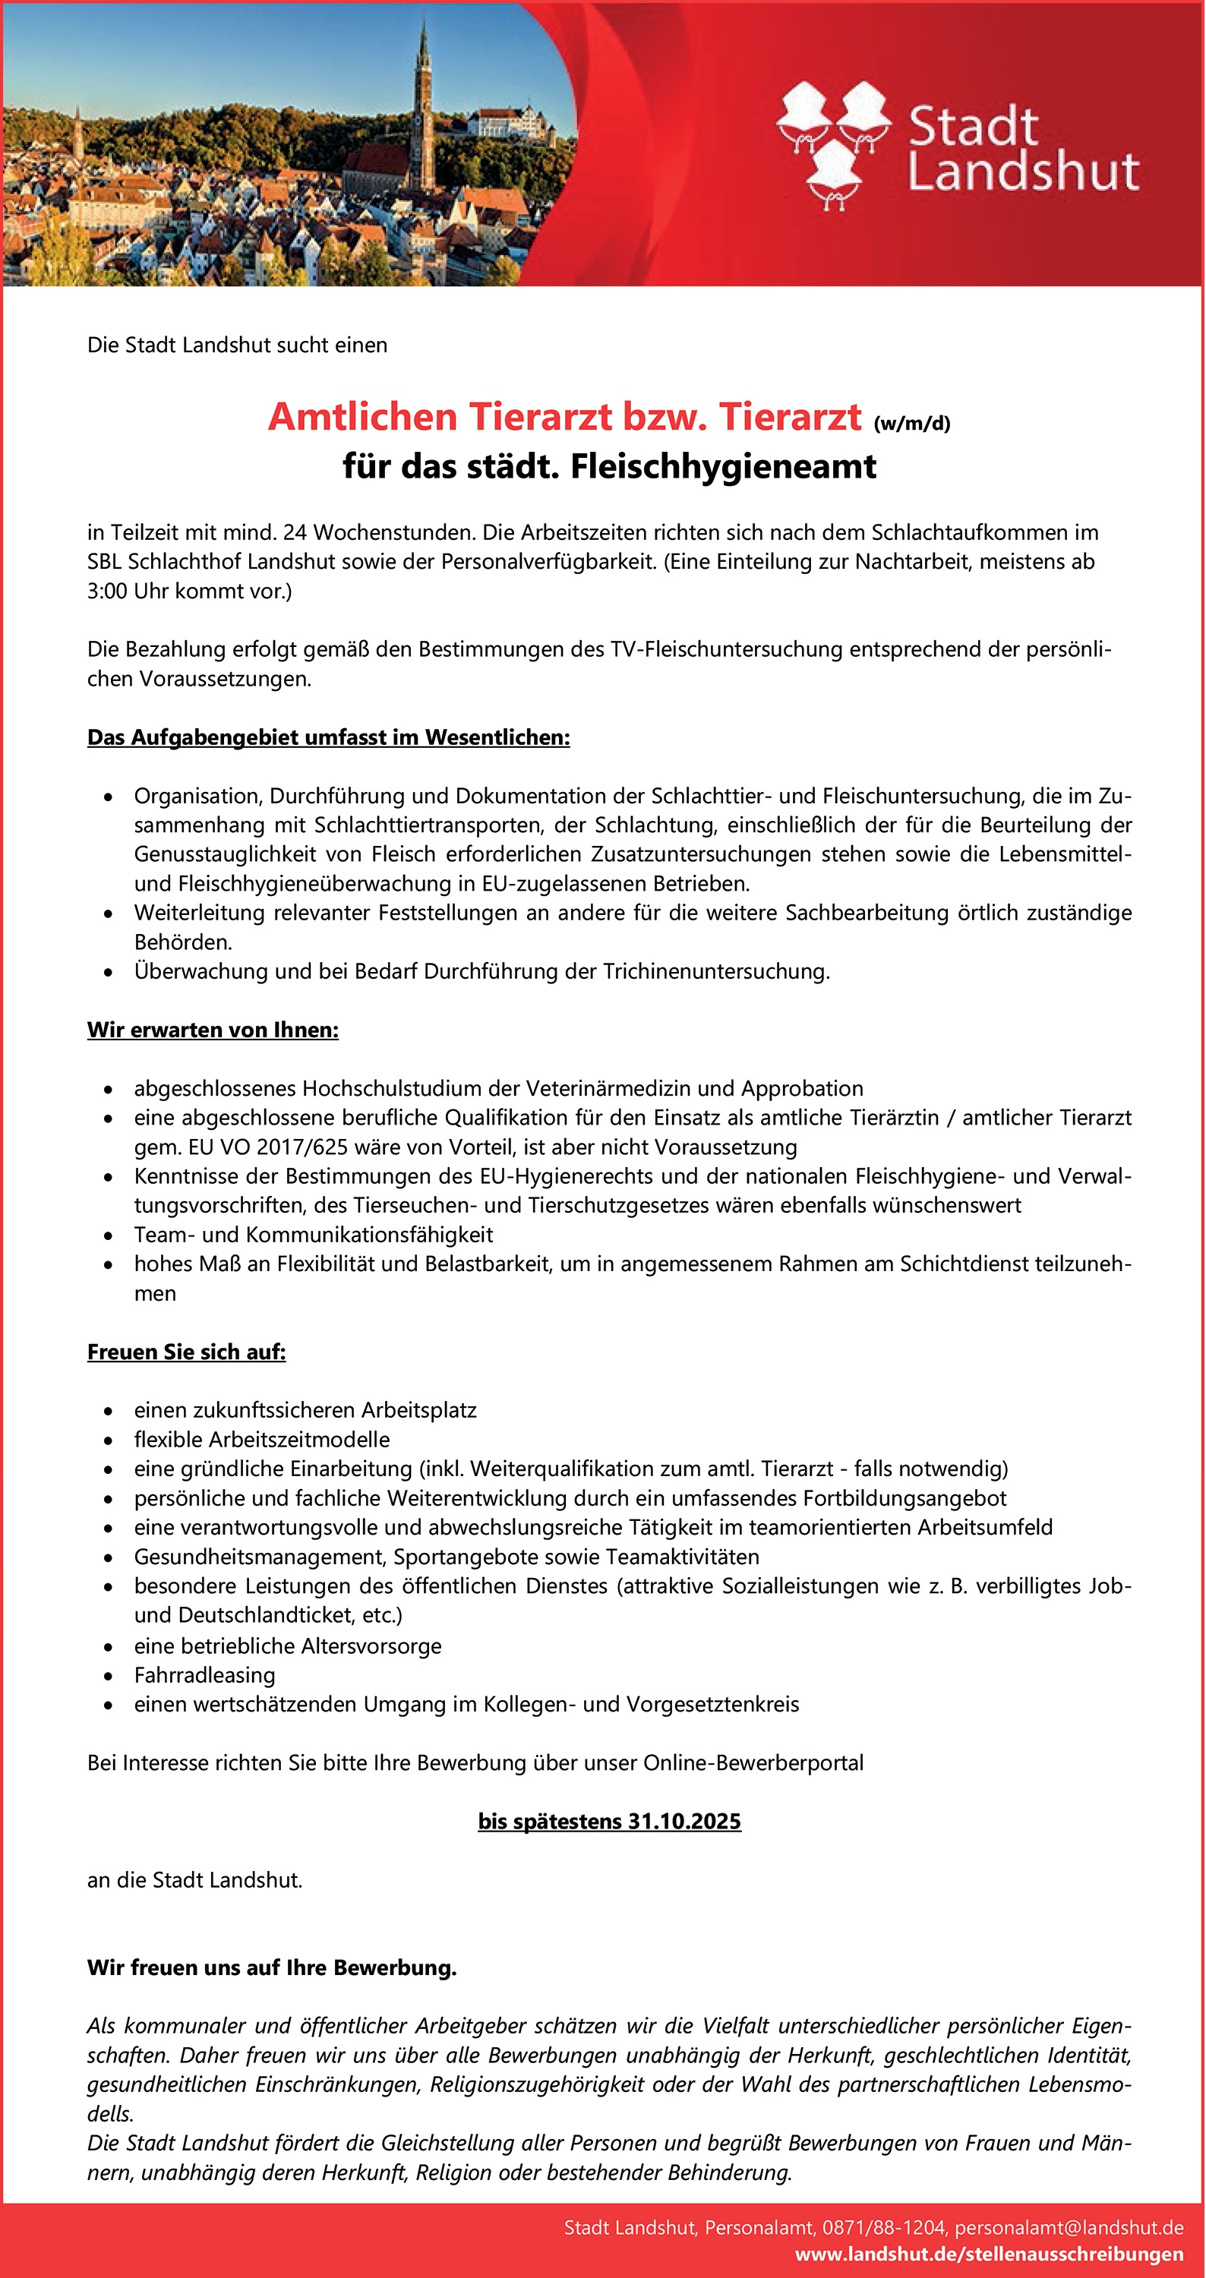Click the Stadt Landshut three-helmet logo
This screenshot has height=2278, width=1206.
833,144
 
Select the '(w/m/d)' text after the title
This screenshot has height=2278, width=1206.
911,423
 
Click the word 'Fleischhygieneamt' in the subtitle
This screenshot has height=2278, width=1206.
723,466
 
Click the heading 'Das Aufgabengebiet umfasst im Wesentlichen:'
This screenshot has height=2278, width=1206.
328,737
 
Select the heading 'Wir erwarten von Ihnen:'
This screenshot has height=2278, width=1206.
212,1030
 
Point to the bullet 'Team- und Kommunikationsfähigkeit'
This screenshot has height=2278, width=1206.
313,1234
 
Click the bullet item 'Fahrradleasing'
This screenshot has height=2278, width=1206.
204,1675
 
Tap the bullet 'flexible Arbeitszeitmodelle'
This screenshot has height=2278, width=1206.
262,1439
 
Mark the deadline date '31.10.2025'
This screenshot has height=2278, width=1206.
684,1821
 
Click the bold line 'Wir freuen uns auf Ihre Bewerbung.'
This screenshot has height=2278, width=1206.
271,1967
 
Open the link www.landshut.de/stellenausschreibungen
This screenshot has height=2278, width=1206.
989,2254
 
